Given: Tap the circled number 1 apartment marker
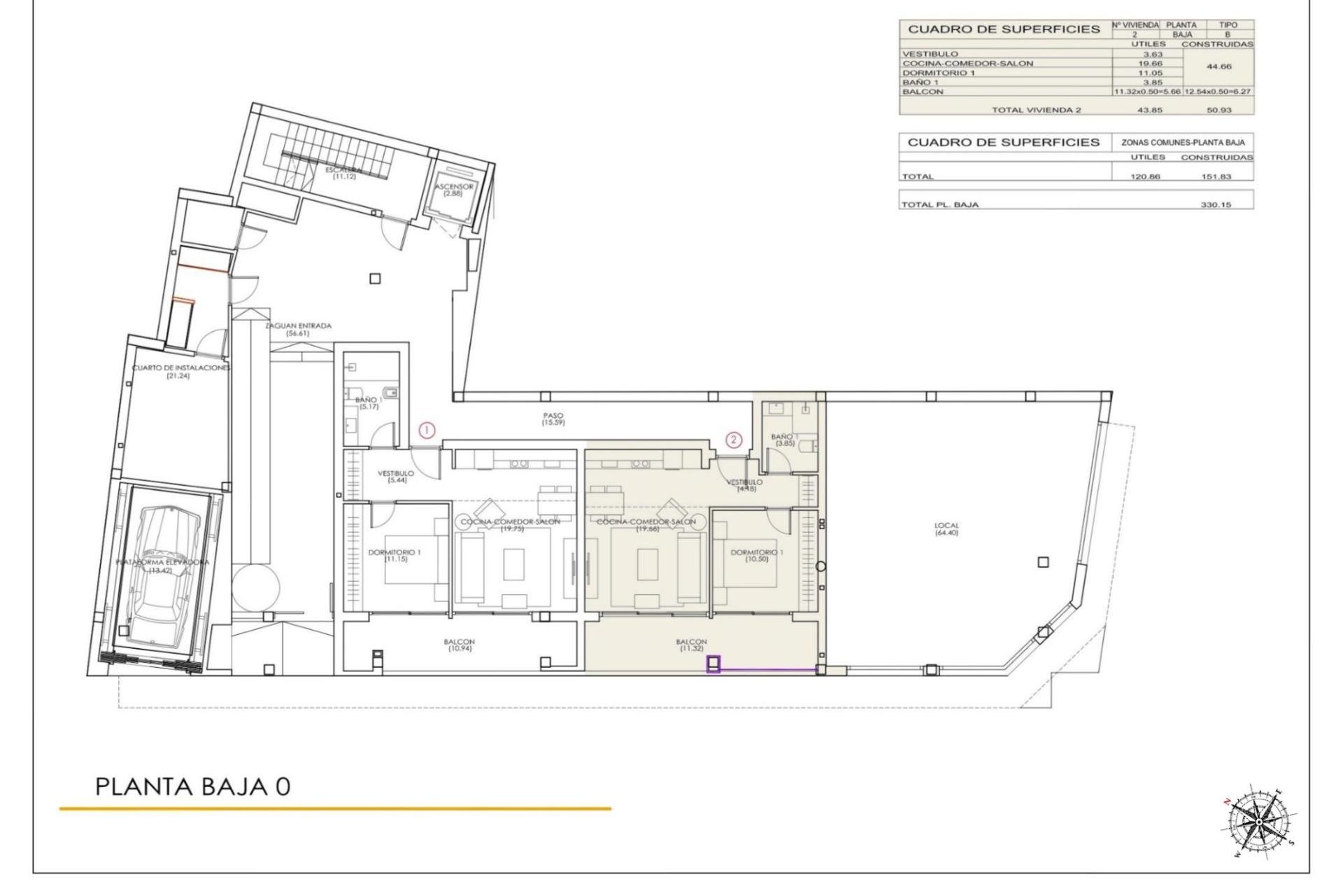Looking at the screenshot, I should pos(427,430).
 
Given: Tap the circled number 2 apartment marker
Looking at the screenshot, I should pos(733,440).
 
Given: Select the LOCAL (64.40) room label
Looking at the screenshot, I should pos(946,529).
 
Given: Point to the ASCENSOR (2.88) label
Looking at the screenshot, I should pos(454,190).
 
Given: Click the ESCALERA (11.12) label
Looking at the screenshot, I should pos(344,173).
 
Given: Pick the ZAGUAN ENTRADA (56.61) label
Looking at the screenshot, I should pos(298,330).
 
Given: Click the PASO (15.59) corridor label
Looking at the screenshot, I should pos(553,419).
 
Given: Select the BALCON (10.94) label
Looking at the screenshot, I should pos(459,645).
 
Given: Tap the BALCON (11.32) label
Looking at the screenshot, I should pos(691,645).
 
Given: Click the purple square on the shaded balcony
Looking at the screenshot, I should pos(713,664).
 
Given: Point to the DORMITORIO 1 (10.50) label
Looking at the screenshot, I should pos(757,556).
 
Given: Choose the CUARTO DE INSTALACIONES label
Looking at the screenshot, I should pos(180,372).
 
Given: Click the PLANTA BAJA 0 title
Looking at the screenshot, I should pos(192,786).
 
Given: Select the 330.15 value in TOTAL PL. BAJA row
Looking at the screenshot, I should pos(1216,205).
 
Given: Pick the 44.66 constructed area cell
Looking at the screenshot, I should pos(1217,67).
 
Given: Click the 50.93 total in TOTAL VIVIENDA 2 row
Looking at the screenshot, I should pos(1217,110).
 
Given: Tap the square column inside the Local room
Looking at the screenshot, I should pos(1043,562).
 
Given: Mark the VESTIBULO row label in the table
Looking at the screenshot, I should pos(930,54).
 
